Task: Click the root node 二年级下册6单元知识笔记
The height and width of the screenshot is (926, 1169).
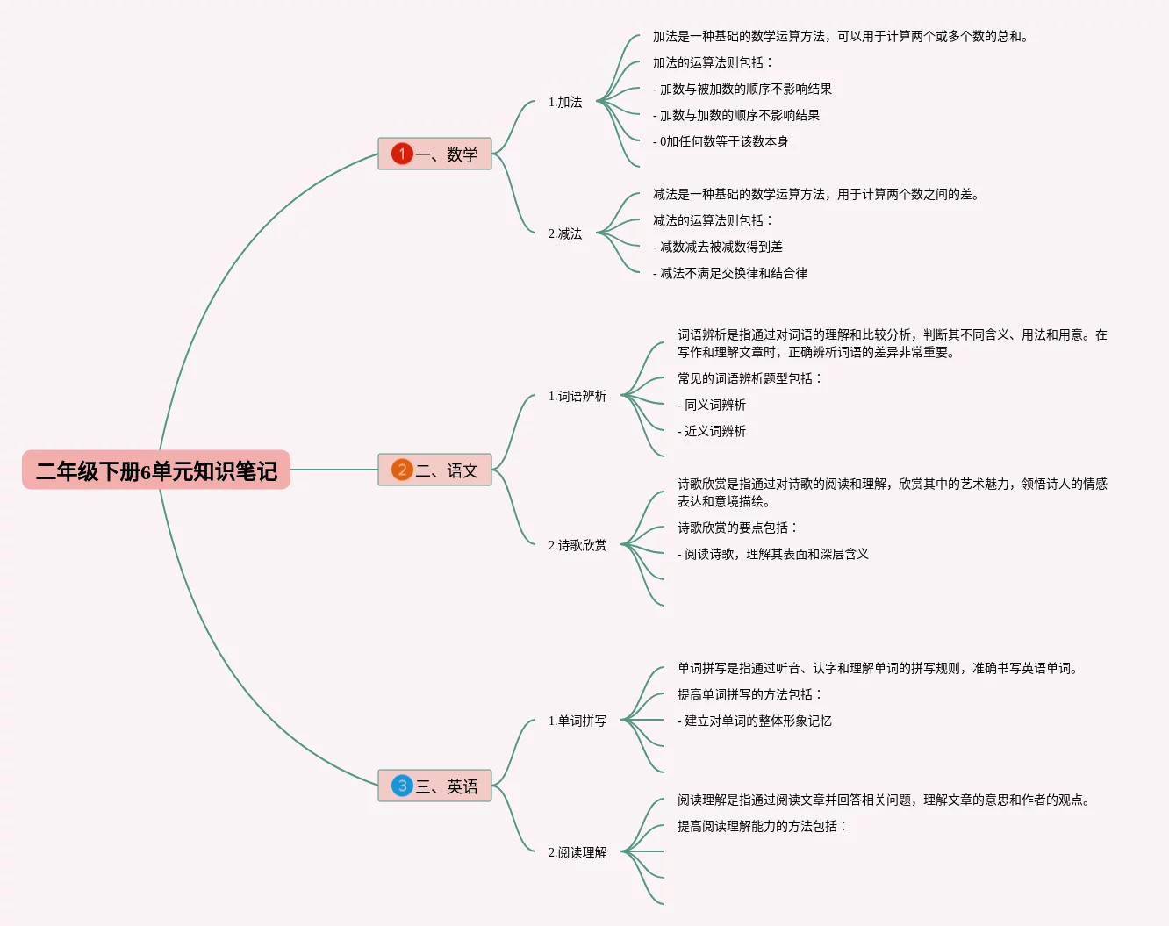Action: tap(156, 470)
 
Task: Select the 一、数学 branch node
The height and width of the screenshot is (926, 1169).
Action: tap(434, 154)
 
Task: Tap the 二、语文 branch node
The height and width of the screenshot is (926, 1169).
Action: tap(434, 470)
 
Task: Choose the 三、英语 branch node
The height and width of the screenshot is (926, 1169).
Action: tap(434, 786)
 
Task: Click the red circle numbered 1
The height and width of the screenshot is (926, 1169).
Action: tap(402, 154)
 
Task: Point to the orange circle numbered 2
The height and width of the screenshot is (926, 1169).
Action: tap(402, 470)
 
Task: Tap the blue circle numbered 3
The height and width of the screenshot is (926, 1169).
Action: tap(402, 786)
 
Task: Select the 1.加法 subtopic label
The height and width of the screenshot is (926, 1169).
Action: tap(565, 102)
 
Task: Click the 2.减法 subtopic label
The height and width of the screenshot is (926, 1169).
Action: tap(565, 233)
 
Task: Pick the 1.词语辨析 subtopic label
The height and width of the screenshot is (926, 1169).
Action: tap(577, 396)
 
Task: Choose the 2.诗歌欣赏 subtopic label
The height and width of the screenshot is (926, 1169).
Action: tap(577, 545)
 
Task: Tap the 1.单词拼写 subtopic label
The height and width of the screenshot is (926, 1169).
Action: tap(577, 721)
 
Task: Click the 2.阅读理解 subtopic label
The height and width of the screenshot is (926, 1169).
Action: tap(577, 852)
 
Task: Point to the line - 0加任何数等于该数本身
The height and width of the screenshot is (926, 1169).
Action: tap(721, 141)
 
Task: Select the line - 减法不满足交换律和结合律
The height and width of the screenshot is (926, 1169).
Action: tap(730, 273)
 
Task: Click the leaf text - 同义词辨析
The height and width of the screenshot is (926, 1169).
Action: tap(712, 405)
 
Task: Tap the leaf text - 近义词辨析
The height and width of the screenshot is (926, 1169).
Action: tap(712, 431)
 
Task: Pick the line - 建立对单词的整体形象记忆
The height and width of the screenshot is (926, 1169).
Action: tap(755, 721)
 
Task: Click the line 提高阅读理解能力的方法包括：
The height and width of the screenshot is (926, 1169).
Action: tap(762, 826)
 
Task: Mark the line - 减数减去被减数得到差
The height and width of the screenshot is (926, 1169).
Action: tap(718, 247)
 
